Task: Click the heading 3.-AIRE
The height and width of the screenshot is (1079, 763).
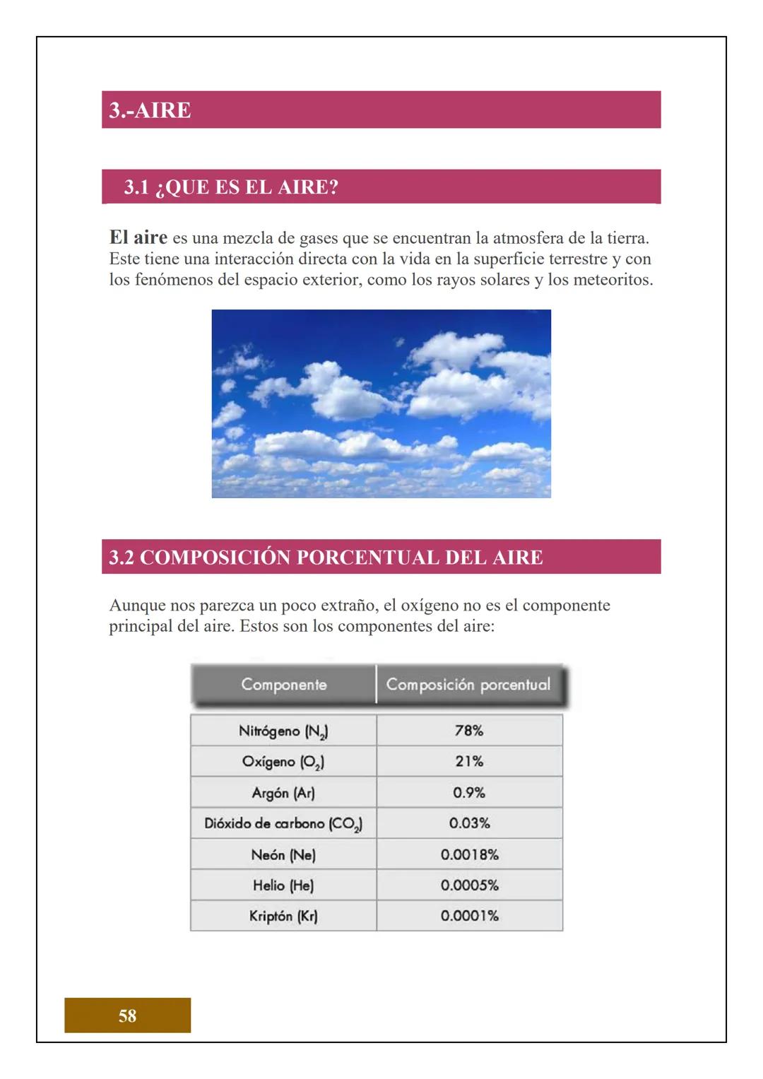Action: pyautogui.click(x=150, y=110)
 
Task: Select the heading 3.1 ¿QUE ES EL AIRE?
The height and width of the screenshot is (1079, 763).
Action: pyautogui.click(x=231, y=187)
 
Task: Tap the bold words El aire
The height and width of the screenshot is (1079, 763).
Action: pyautogui.click(x=138, y=237)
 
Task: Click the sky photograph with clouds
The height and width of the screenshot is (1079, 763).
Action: pyautogui.click(x=381, y=403)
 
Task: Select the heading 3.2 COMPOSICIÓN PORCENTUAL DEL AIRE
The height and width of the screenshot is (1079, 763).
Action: pyautogui.click(x=326, y=557)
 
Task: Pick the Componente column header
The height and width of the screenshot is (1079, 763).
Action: pyautogui.click(x=283, y=684)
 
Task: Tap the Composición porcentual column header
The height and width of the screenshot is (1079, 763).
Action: pyautogui.click(x=468, y=684)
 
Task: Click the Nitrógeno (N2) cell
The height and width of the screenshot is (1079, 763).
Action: pyautogui.click(x=283, y=731)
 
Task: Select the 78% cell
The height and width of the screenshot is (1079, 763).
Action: pyautogui.click(x=469, y=731)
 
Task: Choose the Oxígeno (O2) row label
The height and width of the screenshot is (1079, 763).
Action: pyautogui.click(x=283, y=762)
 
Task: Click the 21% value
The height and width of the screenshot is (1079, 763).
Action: pyautogui.click(x=469, y=762)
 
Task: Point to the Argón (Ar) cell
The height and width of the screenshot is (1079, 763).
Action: pyautogui.click(x=283, y=793)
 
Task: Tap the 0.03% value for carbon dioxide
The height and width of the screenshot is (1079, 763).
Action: pyautogui.click(x=469, y=823)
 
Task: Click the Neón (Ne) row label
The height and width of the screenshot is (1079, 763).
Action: pyautogui.click(x=283, y=854)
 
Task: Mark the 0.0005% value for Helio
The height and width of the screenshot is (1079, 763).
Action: pyautogui.click(x=469, y=885)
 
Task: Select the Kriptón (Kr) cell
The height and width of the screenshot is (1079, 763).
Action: pyautogui.click(x=283, y=916)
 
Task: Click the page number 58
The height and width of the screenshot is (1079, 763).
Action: pyautogui.click(x=127, y=1015)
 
